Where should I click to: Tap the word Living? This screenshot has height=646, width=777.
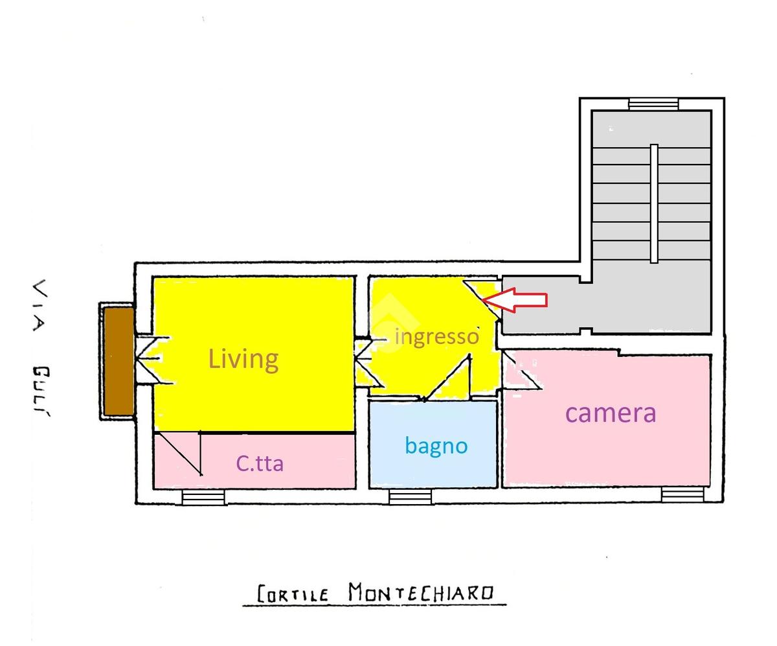243,359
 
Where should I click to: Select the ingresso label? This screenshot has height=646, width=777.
437,337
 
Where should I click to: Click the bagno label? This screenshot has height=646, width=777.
436,446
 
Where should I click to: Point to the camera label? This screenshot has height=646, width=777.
611,413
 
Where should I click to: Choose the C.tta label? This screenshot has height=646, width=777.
260,463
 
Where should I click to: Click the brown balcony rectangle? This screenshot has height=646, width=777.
118,360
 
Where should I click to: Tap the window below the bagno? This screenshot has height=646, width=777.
410,497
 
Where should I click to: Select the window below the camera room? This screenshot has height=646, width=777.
682,495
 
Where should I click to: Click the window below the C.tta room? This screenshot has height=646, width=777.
203,497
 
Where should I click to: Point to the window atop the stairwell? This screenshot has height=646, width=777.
653,104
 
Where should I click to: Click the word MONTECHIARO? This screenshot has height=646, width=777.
422,592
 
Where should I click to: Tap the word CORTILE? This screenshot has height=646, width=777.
293,594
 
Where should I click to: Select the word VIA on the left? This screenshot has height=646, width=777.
40,305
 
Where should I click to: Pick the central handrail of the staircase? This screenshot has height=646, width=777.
654,203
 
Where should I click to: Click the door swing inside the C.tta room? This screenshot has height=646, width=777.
178,454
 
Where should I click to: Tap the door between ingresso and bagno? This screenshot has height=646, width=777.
447,378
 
